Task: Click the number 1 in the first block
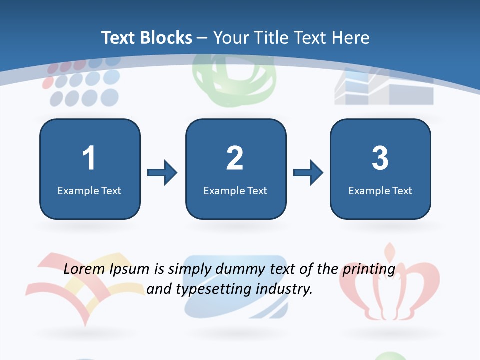point(89,158)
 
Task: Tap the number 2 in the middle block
point(235,158)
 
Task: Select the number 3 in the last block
point(380,158)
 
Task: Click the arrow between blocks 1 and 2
point(162,173)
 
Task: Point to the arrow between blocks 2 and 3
point(308,173)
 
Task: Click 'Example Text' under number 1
point(89,190)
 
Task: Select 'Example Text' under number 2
point(235,190)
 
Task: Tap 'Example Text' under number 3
point(380,190)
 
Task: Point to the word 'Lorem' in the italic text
point(85,269)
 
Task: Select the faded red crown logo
point(390,285)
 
